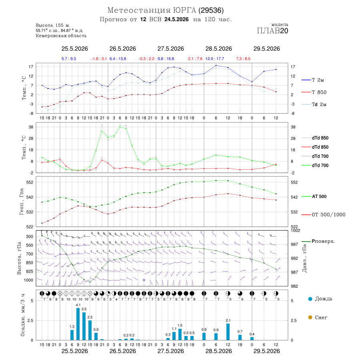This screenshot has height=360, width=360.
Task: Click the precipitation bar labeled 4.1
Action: click(78, 324)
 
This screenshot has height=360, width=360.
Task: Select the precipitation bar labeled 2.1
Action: click(228, 332)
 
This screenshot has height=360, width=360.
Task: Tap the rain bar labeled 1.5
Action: click(180, 334)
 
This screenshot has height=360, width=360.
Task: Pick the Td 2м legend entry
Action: click(314, 104)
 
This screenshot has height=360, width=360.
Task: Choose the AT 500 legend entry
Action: click(314, 196)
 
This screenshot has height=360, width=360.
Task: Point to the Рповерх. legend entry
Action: click(318, 241)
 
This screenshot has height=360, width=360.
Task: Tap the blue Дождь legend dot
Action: click(310, 299)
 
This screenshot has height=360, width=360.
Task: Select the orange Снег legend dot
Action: click(310, 317)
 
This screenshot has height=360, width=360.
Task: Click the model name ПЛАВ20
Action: click(272, 31)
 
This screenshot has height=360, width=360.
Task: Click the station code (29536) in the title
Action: click(211, 10)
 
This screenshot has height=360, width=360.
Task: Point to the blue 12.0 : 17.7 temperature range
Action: click(215, 59)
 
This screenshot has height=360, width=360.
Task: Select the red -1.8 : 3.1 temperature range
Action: click(99, 59)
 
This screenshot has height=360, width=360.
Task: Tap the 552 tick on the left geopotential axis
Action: click(30, 182)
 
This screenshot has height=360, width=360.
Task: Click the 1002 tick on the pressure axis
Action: click(295, 230)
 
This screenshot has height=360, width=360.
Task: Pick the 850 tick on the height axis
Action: click(29, 263)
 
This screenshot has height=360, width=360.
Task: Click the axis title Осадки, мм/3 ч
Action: click(22, 315)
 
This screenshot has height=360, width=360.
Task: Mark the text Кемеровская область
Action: click(61, 36)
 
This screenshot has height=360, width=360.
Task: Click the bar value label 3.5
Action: click(84, 309)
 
